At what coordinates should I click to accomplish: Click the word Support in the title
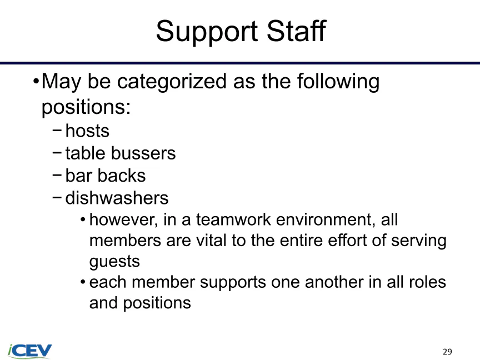pos(207,32)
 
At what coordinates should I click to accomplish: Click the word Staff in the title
pos(296,30)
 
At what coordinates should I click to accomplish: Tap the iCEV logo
pos(29,351)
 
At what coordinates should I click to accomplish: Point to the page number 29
pos(447,352)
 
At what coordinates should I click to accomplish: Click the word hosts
pos(87,131)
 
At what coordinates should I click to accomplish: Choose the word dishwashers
pos(117,198)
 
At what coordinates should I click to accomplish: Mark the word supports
pos(233,283)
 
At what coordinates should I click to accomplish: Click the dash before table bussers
pos(57,152)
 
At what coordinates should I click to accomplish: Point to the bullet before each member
pos(83,282)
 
